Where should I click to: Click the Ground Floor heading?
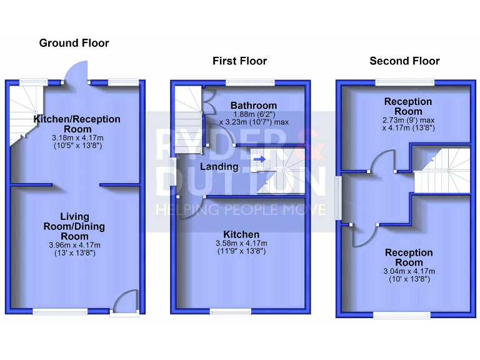74,43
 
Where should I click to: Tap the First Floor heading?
239,61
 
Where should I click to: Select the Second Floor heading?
404,61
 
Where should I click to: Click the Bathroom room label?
253,105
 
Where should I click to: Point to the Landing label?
219,167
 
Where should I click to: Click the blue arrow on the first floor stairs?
259,159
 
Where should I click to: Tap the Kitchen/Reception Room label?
77,124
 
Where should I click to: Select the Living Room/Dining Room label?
78,226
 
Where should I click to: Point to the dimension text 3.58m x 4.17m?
241,243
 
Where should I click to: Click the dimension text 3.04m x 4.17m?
409,271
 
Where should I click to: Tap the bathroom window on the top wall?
250,82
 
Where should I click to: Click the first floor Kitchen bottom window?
231,311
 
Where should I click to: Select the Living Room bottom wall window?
60,311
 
